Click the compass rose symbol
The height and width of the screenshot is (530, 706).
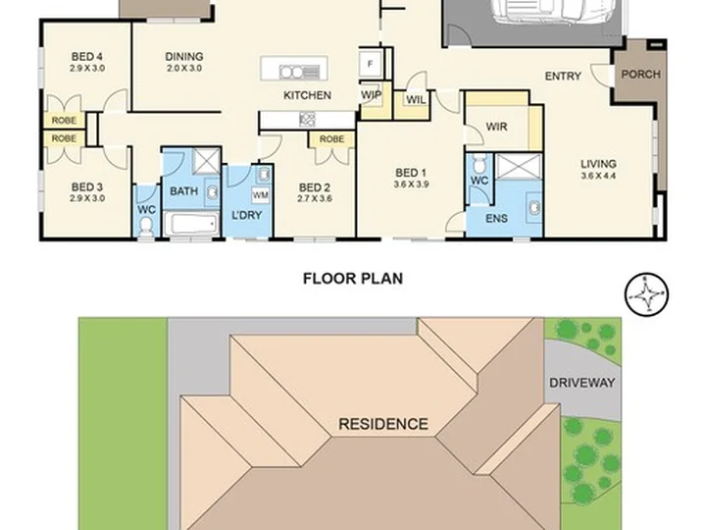(646, 294)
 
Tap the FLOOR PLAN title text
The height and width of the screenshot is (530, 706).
(353, 279)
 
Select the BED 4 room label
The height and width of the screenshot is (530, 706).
(87, 56)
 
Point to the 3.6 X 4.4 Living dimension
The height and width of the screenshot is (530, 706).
(598, 176)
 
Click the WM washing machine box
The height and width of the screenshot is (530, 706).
(260, 195)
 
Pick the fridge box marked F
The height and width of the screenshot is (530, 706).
(370, 64)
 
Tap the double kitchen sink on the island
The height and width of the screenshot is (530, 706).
(299, 72)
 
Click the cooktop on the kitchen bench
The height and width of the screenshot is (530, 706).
(308, 119)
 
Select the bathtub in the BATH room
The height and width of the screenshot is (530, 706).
(191, 224)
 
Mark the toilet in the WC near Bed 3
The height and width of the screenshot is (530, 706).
(146, 227)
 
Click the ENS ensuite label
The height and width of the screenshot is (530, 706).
(496, 218)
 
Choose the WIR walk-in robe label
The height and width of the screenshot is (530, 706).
(496, 127)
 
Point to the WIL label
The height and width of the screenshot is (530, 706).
(416, 99)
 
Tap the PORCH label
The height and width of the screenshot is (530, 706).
(640, 74)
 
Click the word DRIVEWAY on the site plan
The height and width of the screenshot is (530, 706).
(581, 383)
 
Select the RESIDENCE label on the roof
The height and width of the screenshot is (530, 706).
(383, 424)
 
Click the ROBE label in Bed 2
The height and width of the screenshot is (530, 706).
(331, 139)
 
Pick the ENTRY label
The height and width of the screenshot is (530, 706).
(563, 77)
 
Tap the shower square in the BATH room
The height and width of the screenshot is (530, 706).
(206, 160)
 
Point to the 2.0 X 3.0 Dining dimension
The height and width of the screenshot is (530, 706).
(184, 69)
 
